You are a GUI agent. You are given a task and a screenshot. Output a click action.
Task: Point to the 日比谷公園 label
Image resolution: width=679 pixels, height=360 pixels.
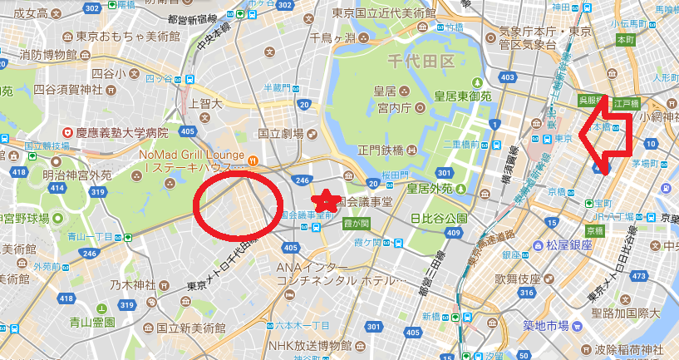pos(440,219)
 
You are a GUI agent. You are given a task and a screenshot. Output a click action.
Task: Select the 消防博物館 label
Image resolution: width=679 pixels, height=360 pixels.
pos(53,56)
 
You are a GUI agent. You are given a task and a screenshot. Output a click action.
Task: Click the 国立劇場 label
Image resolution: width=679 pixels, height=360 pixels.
pos(281,132)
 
